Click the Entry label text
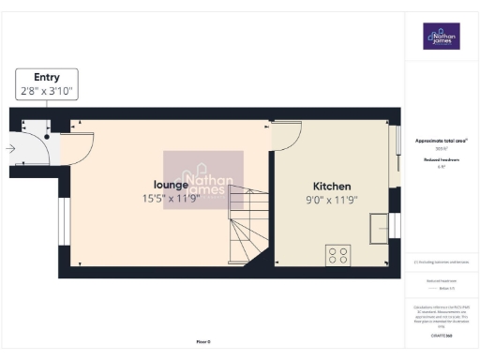coord(47,77)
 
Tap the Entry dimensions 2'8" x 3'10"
coord(47,91)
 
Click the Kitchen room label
coord(332,186)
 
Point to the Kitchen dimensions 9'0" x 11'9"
coord(332,200)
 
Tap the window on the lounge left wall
coord(63,226)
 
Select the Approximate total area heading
coord(441,141)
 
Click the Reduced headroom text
coord(441,160)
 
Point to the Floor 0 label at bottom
coord(203,342)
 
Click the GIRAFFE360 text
coord(441,335)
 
